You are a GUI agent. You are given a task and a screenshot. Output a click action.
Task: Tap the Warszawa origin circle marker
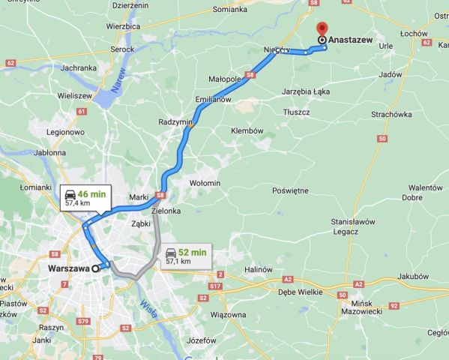pos(96,268)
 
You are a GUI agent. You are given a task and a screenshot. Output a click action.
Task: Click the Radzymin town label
pos(175,121)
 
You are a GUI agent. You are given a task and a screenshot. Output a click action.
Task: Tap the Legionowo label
pos(65,132)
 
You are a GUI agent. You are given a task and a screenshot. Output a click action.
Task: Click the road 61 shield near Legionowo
pos(81,112)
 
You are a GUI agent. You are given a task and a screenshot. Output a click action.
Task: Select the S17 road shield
pos(216,286)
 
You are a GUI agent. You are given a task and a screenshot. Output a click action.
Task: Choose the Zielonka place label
pos(166,211)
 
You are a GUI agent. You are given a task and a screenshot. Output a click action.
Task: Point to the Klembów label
pos(247,130)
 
